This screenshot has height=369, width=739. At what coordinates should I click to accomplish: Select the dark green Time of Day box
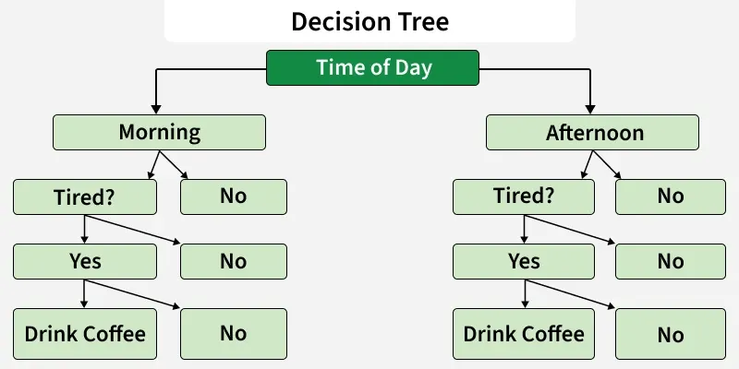pyautogui.click(x=373, y=68)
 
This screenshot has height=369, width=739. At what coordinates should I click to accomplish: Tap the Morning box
pyautogui.click(x=159, y=132)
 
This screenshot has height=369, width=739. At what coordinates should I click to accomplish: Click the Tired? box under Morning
pyautogui.click(x=85, y=196)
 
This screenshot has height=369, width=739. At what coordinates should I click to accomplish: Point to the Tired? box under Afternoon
pyautogui.click(x=524, y=196)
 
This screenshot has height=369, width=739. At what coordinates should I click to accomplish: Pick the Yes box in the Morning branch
pyautogui.click(x=85, y=261)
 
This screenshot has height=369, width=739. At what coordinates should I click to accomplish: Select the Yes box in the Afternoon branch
pyautogui.click(x=524, y=261)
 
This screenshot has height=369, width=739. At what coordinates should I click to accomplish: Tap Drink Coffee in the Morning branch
pyautogui.click(x=85, y=333)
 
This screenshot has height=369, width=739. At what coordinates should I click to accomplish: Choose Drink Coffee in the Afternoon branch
pyautogui.click(x=524, y=333)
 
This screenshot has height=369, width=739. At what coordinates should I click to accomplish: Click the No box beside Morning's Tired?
pyautogui.click(x=233, y=196)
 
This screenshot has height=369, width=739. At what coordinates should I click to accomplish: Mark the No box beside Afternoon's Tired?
pyautogui.click(x=670, y=196)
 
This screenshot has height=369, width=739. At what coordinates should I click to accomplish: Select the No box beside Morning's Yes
pyautogui.click(x=233, y=261)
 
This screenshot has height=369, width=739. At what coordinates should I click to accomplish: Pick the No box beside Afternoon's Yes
pyautogui.click(x=670, y=261)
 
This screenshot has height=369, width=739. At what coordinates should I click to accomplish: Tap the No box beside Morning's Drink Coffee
pyautogui.click(x=233, y=333)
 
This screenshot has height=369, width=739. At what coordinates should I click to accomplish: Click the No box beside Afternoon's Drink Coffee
pyautogui.click(x=670, y=333)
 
